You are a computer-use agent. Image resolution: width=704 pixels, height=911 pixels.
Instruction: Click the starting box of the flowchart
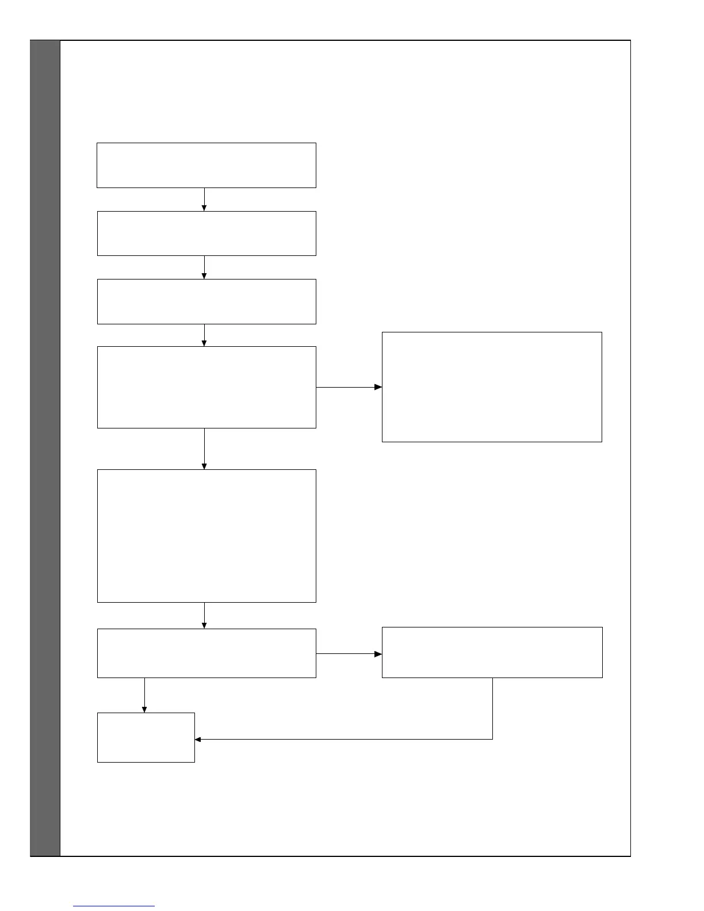click(x=206, y=165)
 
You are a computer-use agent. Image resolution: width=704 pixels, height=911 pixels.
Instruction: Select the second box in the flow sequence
click(x=206, y=234)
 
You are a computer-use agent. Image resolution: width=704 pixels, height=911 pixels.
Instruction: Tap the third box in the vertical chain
click(x=206, y=301)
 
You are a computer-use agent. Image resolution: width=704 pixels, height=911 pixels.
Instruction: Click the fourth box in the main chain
click(x=206, y=387)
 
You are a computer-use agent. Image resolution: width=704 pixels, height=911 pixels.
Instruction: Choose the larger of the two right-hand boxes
click(x=492, y=387)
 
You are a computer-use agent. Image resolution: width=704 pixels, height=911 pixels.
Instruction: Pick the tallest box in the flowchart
click(x=206, y=536)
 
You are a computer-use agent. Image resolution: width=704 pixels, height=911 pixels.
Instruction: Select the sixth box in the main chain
click(x=206, y=653)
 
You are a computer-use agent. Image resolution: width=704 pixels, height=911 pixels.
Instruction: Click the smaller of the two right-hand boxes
click(x=492, y=653)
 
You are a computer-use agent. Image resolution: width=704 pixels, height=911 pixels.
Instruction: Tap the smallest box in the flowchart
click(x=146, y=737)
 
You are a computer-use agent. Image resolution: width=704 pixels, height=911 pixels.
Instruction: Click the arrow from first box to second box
click(x=204, y=200)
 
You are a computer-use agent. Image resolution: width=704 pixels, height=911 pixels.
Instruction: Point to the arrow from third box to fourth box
click(x=204, y=335)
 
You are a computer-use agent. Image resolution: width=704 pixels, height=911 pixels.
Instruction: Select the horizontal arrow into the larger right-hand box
click(x=349, y=387)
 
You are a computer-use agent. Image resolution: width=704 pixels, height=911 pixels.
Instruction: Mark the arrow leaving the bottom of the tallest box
click(x=204, y=615)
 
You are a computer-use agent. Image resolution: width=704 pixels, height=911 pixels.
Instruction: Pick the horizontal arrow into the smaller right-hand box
click(x=349, y=654)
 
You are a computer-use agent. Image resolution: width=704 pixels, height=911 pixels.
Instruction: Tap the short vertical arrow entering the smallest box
click(x=144, y=695)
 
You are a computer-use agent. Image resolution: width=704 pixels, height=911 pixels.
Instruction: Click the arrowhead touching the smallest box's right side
click(x=198, y=739)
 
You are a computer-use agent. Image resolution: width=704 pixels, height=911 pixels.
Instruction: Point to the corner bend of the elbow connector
click(x=493, y=739)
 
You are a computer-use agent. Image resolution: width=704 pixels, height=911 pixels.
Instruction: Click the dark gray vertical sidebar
click(x=45, y=449)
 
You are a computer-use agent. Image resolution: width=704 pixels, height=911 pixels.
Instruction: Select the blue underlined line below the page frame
click(x=114, y=906)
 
